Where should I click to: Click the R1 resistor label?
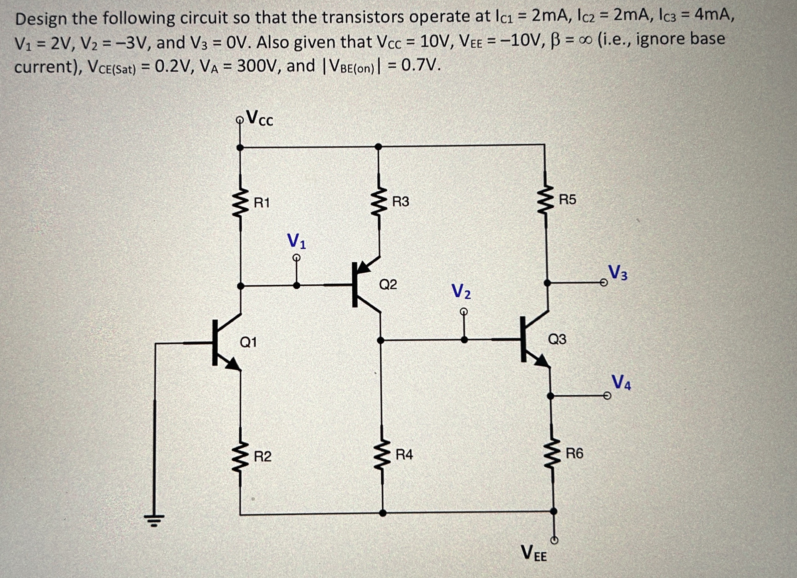point(262,203)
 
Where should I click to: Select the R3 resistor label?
point(401,202)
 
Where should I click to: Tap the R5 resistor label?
point(568,199)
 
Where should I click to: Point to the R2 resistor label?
point(262,457)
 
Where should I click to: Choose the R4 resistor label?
point(404,455)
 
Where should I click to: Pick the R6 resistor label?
point(574,453)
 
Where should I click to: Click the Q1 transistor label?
point(248,342)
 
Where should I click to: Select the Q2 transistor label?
point(388,284)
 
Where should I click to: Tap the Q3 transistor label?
point(557,339)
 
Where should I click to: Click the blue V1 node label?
point(296,241)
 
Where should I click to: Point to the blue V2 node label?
point(461,291)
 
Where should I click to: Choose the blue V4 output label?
point(621,382)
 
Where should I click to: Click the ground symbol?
point(154,519)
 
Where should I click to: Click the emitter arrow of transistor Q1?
point(233,364)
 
